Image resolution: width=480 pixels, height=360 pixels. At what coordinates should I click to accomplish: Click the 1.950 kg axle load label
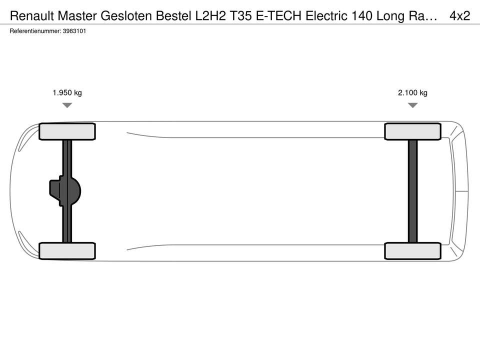67,93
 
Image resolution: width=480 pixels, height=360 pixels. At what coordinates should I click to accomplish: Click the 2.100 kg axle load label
412,93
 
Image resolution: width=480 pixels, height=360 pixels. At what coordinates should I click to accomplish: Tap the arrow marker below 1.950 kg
67,105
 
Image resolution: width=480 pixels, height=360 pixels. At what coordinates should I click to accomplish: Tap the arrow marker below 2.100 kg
413,105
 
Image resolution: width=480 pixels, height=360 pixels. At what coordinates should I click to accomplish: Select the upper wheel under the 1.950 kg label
67,131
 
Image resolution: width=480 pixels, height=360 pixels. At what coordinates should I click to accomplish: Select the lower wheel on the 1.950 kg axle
67,251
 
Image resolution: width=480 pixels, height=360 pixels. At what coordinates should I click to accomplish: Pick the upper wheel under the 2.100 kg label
412,131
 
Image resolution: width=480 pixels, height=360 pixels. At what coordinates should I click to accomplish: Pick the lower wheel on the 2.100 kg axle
412,251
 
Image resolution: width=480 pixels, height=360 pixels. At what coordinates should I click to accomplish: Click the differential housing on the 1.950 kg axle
65,191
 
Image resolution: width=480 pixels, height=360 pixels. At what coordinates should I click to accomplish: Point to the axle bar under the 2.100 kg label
412,191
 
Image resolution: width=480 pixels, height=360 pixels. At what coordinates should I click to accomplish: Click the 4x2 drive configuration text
460,15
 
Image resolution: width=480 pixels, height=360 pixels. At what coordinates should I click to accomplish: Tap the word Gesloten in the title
126,15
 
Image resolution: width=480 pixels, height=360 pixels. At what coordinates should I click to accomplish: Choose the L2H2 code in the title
210,15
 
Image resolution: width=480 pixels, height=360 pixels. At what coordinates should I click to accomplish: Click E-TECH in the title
278,15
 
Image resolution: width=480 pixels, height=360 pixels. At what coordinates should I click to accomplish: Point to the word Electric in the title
326,15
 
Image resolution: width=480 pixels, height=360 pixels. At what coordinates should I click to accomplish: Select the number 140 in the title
362,15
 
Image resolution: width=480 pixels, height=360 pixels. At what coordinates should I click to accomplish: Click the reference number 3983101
74,31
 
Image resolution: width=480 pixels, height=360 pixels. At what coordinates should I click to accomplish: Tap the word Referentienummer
35,31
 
